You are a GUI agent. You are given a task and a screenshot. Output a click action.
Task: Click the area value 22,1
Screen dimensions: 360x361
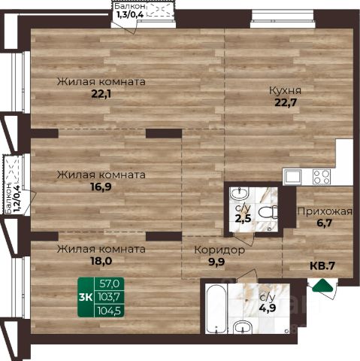[101, 94]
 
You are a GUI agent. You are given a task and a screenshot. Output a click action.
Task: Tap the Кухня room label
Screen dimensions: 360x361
[285, 91]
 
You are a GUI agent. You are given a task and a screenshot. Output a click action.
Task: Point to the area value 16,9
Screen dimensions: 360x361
[101, 187]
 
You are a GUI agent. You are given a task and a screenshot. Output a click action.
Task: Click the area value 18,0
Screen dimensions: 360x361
[101, 261]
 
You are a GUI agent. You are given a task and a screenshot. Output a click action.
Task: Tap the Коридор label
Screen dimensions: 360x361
[219, 250]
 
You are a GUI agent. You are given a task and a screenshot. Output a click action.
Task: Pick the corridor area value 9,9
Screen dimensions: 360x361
[216, 262]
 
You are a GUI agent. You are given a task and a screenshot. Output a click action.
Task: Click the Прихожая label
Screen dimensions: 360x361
[325, 212]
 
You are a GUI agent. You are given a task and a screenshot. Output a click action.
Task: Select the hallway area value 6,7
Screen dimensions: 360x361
[325, 223]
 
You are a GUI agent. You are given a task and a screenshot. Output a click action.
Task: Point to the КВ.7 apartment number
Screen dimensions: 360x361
[322, 265]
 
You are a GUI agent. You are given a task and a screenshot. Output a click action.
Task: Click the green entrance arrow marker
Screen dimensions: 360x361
[323, 285]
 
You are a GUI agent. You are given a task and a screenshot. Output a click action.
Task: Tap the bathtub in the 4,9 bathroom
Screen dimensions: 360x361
[217, 308]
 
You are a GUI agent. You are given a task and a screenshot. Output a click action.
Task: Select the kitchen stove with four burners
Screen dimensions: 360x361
[322, 177]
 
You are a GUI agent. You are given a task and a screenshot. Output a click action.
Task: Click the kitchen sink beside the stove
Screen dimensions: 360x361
[292, 177]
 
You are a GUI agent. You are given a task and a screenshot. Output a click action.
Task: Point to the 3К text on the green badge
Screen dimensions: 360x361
[86, 297]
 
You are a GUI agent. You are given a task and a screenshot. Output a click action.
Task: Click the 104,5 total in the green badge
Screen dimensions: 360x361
[109, 311]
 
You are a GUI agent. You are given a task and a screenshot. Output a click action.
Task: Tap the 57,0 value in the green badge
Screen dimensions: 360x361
[109, 284]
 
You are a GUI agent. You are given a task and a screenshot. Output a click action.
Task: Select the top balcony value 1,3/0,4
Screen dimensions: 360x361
[130, 14]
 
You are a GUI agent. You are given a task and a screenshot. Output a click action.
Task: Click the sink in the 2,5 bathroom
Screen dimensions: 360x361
[239, 194]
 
